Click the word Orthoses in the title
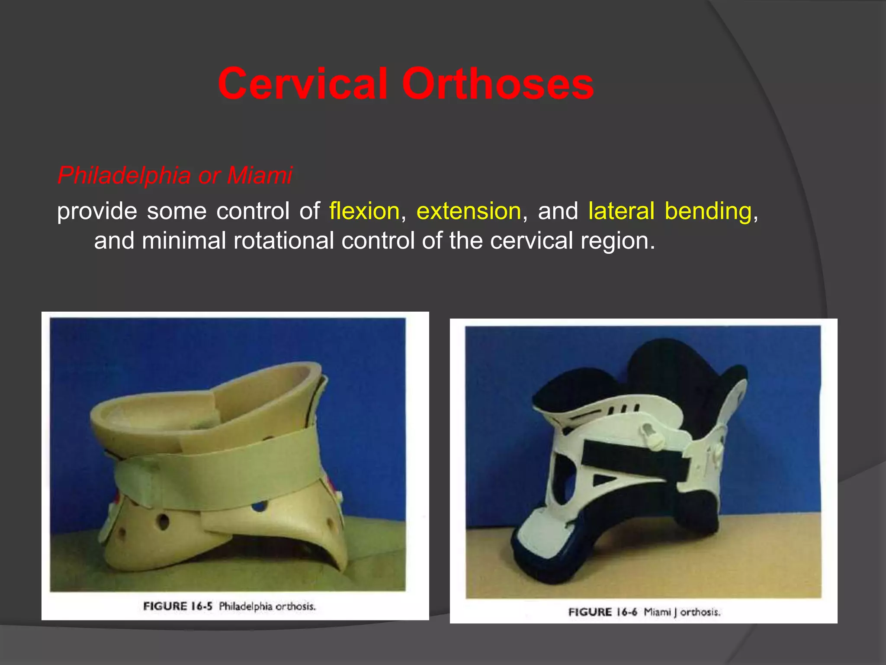498,84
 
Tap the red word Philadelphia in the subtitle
124,176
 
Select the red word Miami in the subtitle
260,176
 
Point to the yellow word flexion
364,211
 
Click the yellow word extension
469,211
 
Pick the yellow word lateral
621,211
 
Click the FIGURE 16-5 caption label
178,606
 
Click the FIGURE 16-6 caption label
603,612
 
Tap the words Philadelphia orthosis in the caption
267,606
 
